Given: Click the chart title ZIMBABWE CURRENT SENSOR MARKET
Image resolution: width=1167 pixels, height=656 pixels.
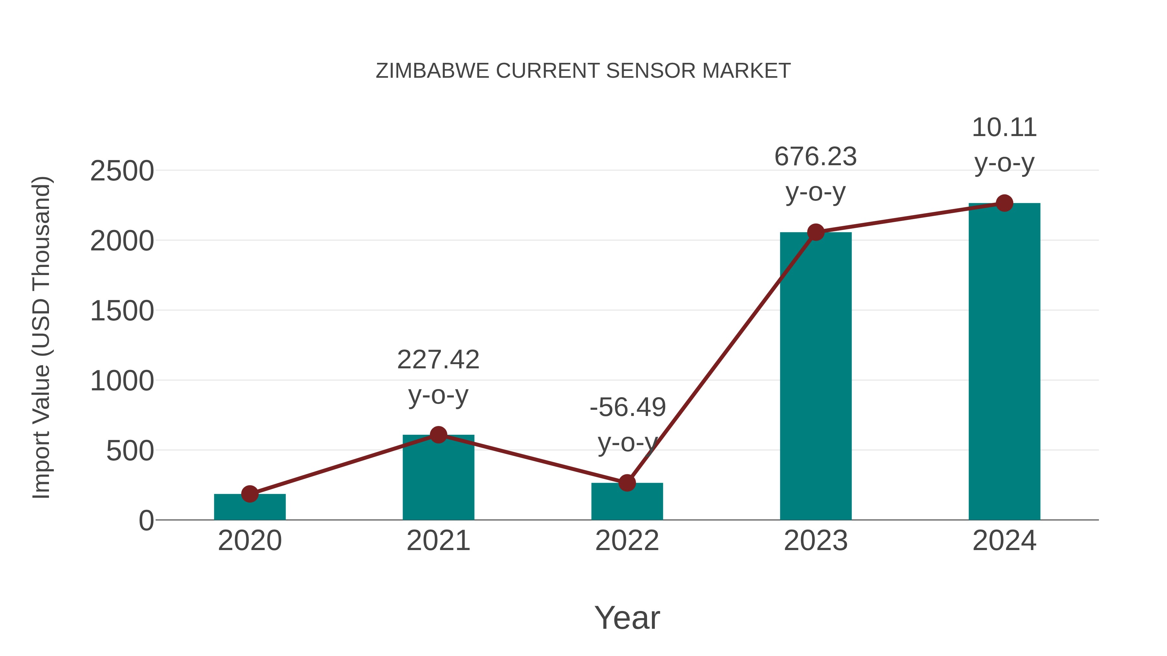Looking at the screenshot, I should click(x=583, y=71).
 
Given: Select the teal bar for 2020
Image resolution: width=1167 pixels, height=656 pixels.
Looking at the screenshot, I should click(x=250, y=508).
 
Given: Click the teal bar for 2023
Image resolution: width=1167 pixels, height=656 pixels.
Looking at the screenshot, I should click(x=816, y=376).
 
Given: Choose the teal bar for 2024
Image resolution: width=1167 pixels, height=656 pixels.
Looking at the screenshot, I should click(x=1004, y=362).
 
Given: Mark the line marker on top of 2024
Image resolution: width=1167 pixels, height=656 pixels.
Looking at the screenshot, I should click(x=1004, y=203).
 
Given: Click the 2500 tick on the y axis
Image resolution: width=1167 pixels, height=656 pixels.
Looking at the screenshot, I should click(x=122, y=172).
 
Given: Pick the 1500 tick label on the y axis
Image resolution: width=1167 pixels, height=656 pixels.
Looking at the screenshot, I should click(x=122, y=311).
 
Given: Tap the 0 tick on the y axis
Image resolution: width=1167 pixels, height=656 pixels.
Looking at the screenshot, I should click(x=146, y=521).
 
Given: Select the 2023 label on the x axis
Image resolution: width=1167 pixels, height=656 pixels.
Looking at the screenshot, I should click(x=816, y=541).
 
